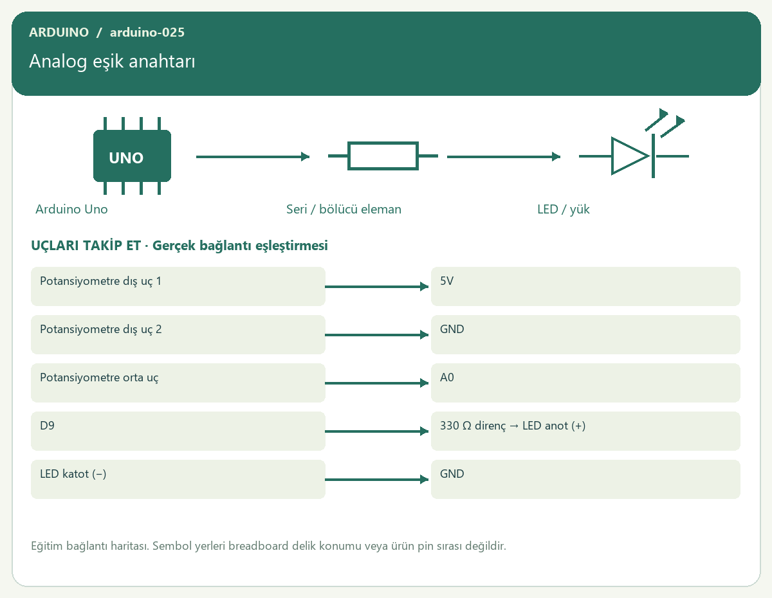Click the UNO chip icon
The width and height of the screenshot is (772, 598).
click(132, 156)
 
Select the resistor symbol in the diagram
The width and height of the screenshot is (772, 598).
click(383, 156)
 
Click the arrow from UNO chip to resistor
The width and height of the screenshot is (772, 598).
click(253, 157)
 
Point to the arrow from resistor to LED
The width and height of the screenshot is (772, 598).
click(504, 157)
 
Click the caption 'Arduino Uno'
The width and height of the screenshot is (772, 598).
click(71, 209)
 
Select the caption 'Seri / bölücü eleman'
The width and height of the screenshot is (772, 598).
click(344, 209)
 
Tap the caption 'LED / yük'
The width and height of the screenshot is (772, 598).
click(563, 210)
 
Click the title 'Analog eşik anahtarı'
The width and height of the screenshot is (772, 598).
click(113, 62)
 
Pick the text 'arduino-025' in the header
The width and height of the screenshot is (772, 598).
click(147, 32)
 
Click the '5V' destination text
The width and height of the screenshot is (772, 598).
click(446, 281)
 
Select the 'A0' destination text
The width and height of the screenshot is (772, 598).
click(447, 377)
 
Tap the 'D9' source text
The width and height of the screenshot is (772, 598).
click(47, 426)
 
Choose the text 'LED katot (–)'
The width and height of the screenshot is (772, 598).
click(73, 474)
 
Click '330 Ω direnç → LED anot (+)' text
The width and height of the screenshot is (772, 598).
click(513, 426)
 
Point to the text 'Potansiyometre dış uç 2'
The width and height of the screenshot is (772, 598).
click(101, 329)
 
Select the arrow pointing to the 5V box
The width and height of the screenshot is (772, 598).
click(376, 287)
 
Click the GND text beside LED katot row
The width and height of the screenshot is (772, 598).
click(452, 474)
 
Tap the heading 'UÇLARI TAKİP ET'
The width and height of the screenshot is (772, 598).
click(86, 246)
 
